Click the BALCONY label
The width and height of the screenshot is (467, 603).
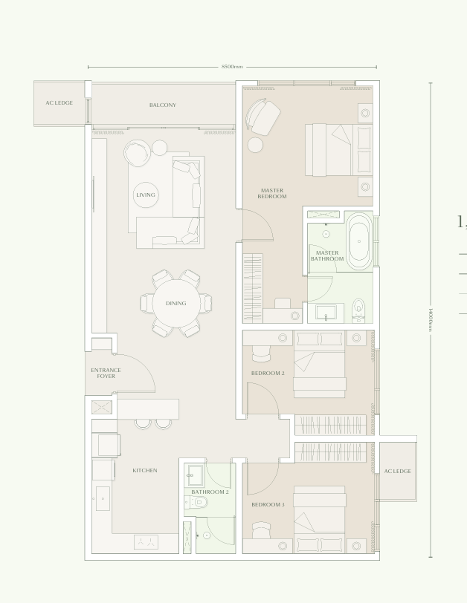coord(163,105)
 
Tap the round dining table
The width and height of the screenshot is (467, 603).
coord(176,303)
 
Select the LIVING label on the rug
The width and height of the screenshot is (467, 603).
coord(146,195)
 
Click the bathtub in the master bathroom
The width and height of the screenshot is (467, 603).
coord(358,241)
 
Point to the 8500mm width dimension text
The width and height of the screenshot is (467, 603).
coord(232,67)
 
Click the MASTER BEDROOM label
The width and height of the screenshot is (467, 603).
coord(272,194)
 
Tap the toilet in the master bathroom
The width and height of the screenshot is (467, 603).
coord(358,310)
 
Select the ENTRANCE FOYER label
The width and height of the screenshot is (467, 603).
coord(106,373)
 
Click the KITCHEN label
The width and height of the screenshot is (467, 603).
coord(145,470)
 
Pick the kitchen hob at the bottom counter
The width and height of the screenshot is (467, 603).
coord(146,541)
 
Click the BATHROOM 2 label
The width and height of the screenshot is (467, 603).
coord(210,492)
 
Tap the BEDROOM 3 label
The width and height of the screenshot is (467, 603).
coord(268,504)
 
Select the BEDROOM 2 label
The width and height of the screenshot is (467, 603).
coord(268,373)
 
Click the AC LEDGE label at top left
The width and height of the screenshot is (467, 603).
coord(59,102)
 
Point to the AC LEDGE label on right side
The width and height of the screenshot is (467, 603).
coord(398,471)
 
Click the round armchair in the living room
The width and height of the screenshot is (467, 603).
coord(138,154)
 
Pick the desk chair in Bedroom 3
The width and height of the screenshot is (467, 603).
coord(261,530)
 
